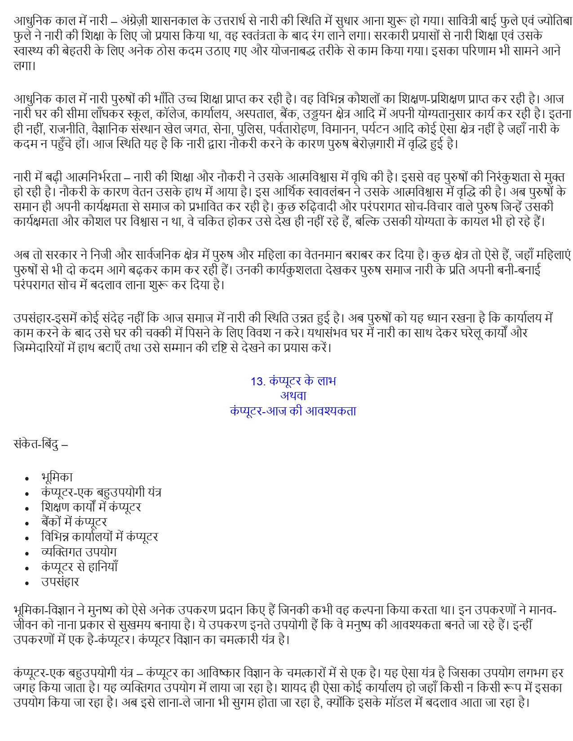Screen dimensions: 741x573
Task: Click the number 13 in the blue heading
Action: click(257, 381)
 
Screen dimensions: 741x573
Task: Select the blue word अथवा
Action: click(293, 396)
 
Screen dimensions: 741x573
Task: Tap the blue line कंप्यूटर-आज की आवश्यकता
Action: click(293, 410)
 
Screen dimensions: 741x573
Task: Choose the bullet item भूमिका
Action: click(57, 477)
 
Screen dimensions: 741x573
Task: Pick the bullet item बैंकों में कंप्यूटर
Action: click(74, 522)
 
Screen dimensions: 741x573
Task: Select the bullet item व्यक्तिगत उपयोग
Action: click(79, 551)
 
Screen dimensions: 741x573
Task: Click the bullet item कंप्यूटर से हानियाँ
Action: click(79, 567)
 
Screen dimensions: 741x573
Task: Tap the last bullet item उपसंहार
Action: click(60, 582)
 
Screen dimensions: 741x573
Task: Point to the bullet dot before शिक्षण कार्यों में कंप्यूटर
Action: click(27, 508)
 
